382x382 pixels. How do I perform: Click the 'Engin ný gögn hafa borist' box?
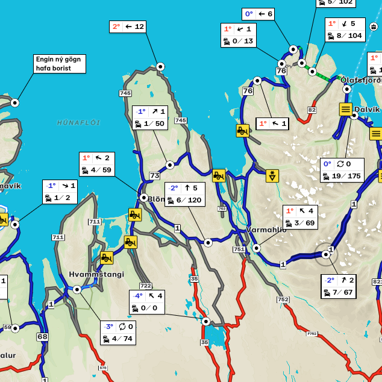(60, 64)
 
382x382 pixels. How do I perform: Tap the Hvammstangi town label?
(96, 274)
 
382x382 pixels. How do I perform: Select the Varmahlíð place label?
(266, 230)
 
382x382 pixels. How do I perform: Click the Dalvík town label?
(367, 109)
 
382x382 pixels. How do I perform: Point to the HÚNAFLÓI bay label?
(78, 122)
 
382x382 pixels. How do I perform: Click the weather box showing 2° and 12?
(128, 27)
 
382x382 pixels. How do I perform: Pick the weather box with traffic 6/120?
(184, 194)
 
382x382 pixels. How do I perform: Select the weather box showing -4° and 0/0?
(147, 302)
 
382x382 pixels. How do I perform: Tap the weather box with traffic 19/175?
(342, 170)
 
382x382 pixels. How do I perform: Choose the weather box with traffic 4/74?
(118, 333)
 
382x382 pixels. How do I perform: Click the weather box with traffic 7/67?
(338, 286)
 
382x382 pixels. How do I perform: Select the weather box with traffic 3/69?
(300, 217)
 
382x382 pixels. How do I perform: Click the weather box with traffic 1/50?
(150, 117)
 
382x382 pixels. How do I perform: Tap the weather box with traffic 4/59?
(96, 164)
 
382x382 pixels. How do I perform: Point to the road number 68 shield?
(42, 337)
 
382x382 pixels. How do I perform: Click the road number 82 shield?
(312, 110)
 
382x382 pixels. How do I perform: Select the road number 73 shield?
(154, 176)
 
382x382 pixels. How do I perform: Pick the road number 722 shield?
(145, 286)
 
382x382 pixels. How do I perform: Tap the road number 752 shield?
(283, 299)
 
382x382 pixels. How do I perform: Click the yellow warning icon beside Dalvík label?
(345, 109)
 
